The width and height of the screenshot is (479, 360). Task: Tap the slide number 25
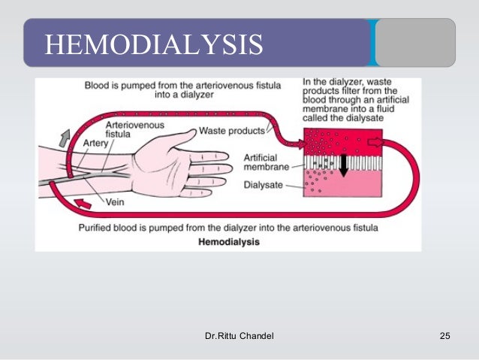(444, 334)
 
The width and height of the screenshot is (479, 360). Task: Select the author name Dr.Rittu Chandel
(239, 334)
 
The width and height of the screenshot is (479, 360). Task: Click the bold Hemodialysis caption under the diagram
(229, 242)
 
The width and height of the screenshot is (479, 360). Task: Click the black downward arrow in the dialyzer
(342, 165)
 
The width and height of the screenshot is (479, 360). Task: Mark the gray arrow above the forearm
(64, 138)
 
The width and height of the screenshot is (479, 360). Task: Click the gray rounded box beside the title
(414, 43)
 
